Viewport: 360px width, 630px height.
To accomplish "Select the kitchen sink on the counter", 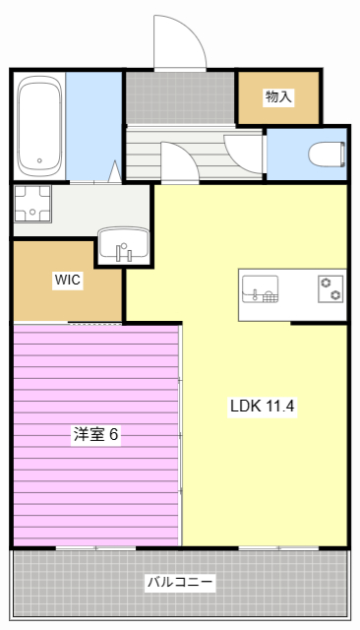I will tap(261, 289).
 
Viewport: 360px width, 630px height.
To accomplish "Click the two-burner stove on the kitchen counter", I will tap(330, 289).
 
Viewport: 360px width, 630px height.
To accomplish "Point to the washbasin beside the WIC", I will tap(123, 245).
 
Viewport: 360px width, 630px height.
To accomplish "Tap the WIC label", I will tap(67, 280).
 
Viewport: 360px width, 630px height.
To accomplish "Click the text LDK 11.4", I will tap(262, 405).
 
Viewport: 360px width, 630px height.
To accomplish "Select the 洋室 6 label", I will tap(95, 434).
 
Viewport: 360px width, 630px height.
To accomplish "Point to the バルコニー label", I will tap(180, 582).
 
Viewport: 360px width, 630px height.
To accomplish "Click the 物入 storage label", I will tap(278, 96).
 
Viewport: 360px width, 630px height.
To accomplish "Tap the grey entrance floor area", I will tap(179, 97).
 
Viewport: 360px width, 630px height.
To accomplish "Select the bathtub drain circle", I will tap(40, 160).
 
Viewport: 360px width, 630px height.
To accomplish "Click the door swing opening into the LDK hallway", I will tap(178, 162).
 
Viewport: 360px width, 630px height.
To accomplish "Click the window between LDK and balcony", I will tap(278, 547).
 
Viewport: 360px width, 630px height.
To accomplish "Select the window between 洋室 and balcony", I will tap(95, 547).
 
